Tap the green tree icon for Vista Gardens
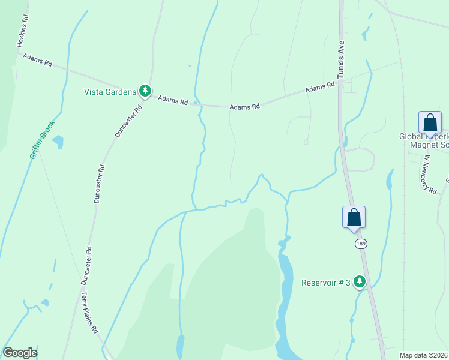(x=145, y=91)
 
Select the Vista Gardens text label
(x=110, y=92)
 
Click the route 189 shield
(x=360, y=244)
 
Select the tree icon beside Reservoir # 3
(x=360, y=281)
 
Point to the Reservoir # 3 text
(x=325, y=283)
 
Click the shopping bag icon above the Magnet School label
(x=430, y=122)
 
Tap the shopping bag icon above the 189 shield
(x=354, y=217)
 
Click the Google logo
(x=20, y=353)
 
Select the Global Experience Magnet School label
(x=424, y=140)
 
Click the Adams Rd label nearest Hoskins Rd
(x=38, y=59)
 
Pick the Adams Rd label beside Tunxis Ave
(x=319, y=88)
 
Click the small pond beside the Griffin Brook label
(x=58, y=142)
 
